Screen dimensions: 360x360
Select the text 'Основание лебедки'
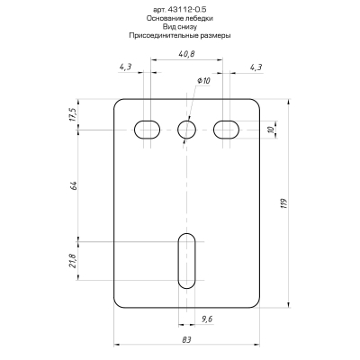(x=180, y=18)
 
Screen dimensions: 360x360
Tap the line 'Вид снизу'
(x=180, y=27)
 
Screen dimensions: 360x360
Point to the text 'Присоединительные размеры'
(x=180, y=36)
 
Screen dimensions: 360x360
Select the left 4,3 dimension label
(x=125, y=67)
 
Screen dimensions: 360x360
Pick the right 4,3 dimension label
(x=255, y=67)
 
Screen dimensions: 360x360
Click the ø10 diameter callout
(x=203, y=81)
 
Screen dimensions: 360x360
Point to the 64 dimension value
(x=74, y=185)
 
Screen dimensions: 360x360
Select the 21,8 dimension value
(x=73, y=261)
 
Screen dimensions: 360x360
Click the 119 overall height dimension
(x=283, y=203)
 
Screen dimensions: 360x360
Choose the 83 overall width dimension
(x=186, y=338)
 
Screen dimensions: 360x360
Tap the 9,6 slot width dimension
(x=207, y=319)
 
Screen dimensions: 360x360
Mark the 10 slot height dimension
(x=271, y=130)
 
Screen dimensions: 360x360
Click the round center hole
(x=186, y=130)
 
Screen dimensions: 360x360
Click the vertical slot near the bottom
(x=186, y=261)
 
